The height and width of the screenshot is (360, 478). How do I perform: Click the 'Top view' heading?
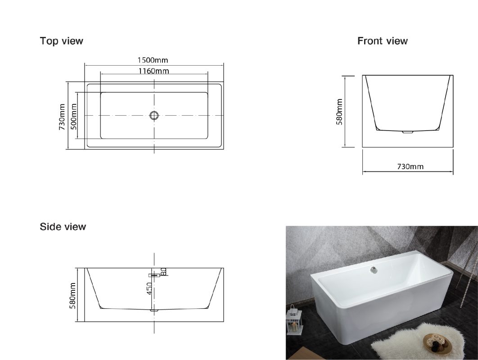(x=61, y=41)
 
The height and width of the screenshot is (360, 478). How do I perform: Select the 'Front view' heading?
(x=382, y=41)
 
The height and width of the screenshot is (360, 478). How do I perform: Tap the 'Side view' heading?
(x=63, y=226)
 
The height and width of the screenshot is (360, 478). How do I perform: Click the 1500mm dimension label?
(x=153, y=60)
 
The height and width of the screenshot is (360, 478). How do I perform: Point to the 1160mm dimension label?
(x=153, y=71)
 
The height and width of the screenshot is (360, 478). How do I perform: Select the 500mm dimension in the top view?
(x=74, y=117)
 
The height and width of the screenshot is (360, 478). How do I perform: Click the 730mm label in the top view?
(x=62, y=117)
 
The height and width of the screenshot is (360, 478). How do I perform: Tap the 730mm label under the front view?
(x=410, y=166)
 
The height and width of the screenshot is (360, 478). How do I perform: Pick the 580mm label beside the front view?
(x=339, y=112)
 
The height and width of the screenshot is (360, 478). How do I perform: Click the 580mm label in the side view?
(x=72, y=296)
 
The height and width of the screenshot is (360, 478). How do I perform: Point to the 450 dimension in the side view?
(x=149, y=288)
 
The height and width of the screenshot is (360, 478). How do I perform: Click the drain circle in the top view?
(x=154, y=115)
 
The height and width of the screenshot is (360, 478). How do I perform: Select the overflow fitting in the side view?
(x=154, y=275)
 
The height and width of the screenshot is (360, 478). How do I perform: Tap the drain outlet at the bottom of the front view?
(x=408, y=132)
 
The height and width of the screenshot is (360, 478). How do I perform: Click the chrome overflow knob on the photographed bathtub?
(x=373, y=270)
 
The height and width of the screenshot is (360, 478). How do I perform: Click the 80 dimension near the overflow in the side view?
(x=163, y=271)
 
